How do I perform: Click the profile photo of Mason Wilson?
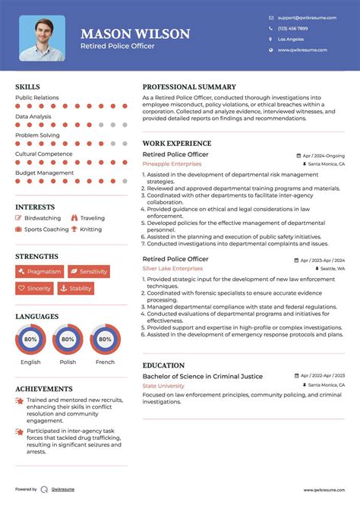coord(42,38)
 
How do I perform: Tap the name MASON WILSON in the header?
coord(135,34)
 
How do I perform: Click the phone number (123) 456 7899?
coord(293,28)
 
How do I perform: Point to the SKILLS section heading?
coord(27,87)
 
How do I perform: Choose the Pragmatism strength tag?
coord(39,271)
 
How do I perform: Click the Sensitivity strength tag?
coord(89,271)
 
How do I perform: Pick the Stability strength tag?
coord(76,289)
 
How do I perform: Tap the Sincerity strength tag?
coord(35,289)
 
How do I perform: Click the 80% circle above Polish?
coord(68,340)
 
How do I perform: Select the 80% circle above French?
coord(105,340)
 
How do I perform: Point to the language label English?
coord(30,362)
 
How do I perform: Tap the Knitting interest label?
coord(90,229)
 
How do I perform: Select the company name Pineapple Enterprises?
coord(172,163)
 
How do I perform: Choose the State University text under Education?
coord(163,386)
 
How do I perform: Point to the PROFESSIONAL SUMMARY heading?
coord(189,87)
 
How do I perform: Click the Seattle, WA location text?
coord(332,268)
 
